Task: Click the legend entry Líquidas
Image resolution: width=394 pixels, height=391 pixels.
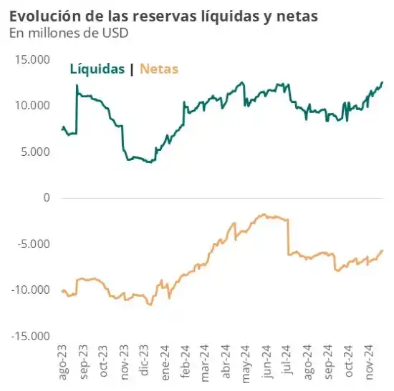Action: coord(97,69)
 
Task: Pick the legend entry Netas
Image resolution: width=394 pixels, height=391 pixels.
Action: coord(159,69)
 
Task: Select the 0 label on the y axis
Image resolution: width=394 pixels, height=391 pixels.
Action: coord(47,198)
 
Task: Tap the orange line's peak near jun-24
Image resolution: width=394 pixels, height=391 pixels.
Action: coord(264,214)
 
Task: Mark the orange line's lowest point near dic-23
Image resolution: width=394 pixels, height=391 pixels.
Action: coord(150,305)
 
